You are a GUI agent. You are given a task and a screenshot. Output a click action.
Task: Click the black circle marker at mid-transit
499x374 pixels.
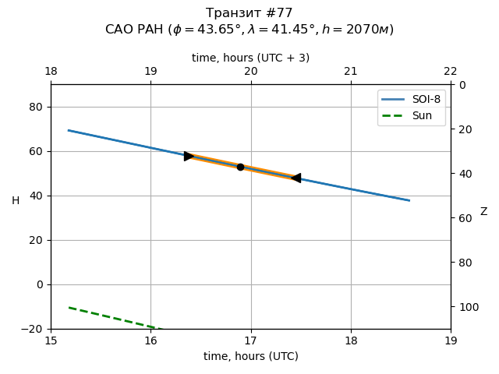tap(240, 167)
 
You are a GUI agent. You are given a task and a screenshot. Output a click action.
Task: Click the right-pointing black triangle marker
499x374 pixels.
tap(189, 156)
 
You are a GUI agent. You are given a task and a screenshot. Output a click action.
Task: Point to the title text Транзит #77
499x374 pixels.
tap(249, 13)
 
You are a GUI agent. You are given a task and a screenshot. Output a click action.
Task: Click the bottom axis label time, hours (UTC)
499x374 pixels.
tap(250, 356)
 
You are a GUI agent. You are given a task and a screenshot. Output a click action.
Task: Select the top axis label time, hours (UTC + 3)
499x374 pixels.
tap(250, 58)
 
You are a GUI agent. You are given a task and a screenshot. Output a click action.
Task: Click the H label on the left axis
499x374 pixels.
tap(16, 201)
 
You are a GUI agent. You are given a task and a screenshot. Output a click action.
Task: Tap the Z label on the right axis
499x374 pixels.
tap(483, 212)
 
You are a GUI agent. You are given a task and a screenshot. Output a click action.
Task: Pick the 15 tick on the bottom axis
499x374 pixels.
tap(51, 340)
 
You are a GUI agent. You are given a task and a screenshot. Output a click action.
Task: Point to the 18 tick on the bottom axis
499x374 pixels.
tap(351, 340)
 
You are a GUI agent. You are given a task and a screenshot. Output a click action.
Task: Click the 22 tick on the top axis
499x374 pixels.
tap(451, 72)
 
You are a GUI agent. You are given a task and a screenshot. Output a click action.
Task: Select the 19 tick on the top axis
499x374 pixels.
tap(150, 72)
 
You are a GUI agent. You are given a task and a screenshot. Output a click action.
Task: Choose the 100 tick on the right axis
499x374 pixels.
tap(466, 307)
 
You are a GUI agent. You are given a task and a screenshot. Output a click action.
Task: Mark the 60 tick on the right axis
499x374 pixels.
tap(464, 218)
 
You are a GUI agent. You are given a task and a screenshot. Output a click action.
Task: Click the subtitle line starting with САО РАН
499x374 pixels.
tap(249, 30)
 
